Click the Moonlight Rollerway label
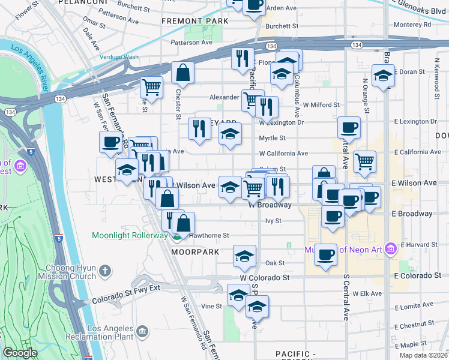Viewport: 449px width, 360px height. pos(130,235)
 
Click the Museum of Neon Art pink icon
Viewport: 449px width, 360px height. pos(390,247)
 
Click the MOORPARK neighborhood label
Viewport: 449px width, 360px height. pos(192,253)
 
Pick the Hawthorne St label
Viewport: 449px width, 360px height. pos(210,236)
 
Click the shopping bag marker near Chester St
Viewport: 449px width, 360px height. pos(182,73)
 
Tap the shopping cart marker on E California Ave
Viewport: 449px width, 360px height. pos(364,161)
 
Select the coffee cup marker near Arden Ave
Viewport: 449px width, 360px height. pos(255,4)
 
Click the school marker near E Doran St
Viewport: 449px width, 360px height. pos(383,76)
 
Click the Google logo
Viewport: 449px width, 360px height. pos(20,353)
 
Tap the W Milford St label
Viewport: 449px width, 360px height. pos(321,104)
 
